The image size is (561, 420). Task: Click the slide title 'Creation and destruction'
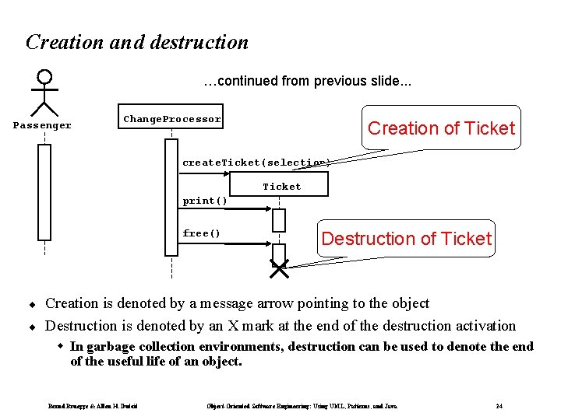pyautogui.click(x=137, y=42)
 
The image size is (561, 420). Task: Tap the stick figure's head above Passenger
pyautogui.click(x=45, y=77)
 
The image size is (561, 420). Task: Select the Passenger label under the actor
pyautogui.click(x=43, y=125)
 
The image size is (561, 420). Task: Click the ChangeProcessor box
pyautogui.click(x=171, y=119)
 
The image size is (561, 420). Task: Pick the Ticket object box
pyautogui.click(x=281, y=186)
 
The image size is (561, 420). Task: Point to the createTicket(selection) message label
pyautogui.click(x=256, y=163)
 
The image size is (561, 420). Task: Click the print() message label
pyautogui.click(x=205, y=201)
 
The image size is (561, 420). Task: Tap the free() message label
pyautogui.click(x=202, y=233)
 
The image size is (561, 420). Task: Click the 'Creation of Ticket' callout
pyautogui.click(x=441, y=128)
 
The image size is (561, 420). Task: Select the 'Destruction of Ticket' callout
pyautogui.click(x=407, y=238)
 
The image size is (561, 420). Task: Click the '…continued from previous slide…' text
pyautogui.click(x=308, y=81)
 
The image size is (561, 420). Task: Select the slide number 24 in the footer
pyautogui.click(x=499, y=405)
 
